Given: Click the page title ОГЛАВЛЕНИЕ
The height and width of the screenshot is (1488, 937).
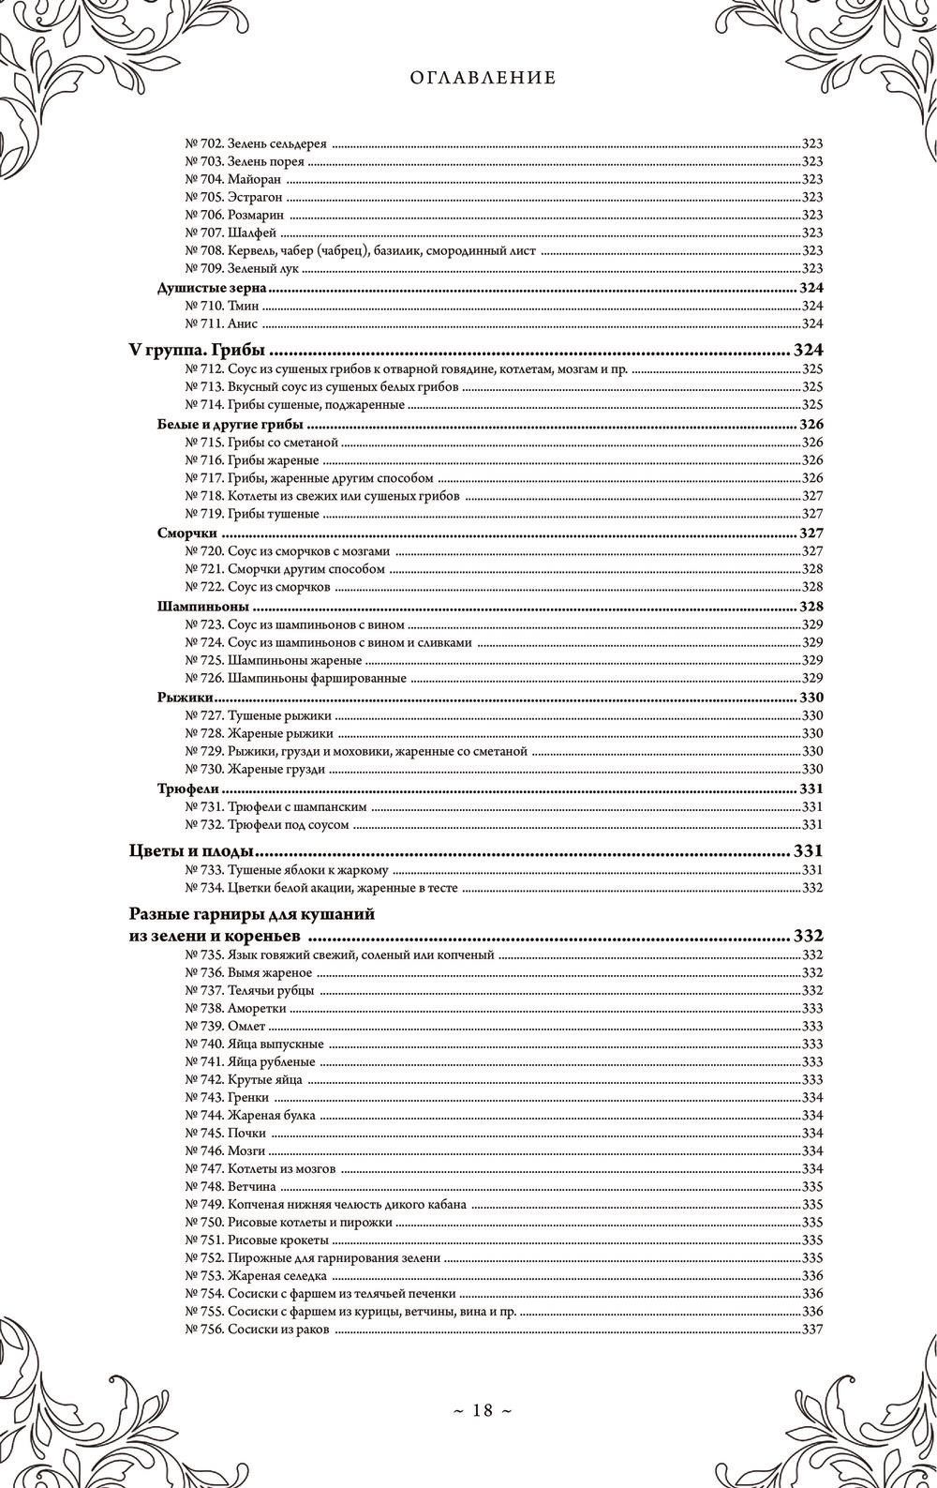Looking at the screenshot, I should [483, 79].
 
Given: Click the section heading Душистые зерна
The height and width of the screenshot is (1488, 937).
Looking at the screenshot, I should [212, 288].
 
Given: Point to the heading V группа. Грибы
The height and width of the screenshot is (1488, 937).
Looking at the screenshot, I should [197, 352].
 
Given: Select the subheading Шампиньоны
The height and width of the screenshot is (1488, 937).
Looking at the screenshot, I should [196, 606].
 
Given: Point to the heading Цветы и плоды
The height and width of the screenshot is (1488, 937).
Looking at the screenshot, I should [192, 852].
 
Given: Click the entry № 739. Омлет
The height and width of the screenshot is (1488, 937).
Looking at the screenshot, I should [220, 1026].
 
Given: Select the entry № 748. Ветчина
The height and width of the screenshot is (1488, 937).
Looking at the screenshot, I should [225, 1186].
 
